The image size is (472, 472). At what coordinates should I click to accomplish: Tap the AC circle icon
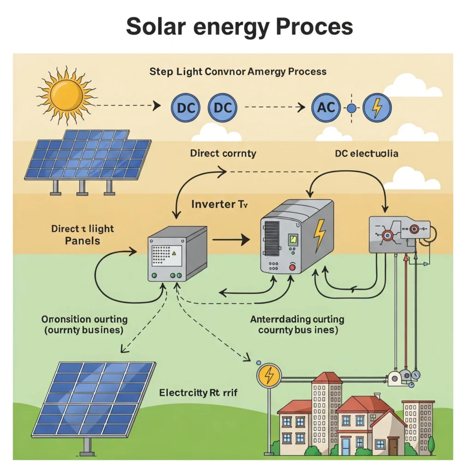(x=326, y=109)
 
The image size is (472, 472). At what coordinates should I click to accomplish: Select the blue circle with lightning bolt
(x=377, y=109)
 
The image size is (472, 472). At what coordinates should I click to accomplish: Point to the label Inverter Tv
(x=219, y=204)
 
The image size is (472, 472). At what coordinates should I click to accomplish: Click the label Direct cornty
(x=223, y=153)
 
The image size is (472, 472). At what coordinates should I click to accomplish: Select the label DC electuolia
(x=367, y=153)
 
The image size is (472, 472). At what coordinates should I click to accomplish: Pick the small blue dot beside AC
(x=351, y=109)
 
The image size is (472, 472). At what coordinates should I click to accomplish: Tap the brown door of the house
(x=393, y=447)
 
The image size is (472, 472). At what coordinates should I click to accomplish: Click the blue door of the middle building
(x=346, y=447)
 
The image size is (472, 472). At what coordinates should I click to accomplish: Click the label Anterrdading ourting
(x=297, y=319)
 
